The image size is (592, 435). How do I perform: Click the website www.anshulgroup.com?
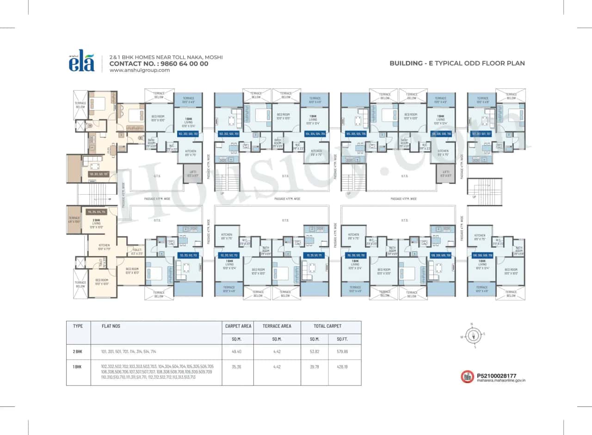coord(139,70)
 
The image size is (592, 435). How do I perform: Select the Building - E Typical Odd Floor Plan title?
coord(457,63)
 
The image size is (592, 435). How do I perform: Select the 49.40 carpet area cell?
coord(238,352)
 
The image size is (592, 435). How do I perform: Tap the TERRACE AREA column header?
coord(277,326)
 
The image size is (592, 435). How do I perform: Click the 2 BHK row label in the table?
coord(78,352)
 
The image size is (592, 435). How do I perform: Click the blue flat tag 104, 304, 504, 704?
coord(315,134)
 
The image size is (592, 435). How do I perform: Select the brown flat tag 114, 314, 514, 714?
coord(97,212)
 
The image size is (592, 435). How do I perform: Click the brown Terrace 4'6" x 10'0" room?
coord(74,220)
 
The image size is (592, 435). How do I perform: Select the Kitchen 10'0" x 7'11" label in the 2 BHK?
coord(104,247)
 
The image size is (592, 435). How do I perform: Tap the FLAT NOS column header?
coord(111,326)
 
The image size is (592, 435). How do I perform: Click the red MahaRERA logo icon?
coord(468,377)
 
